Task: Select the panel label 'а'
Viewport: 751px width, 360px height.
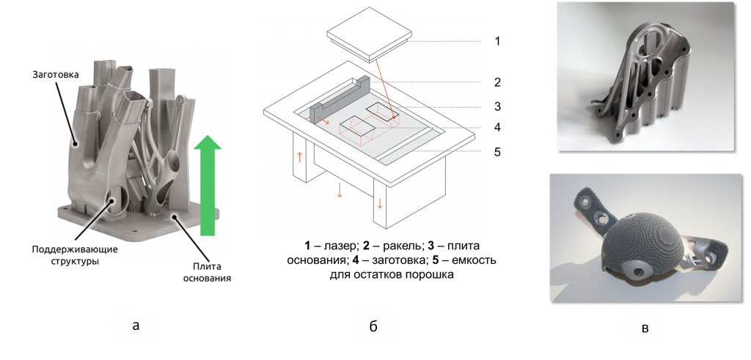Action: point(136,324)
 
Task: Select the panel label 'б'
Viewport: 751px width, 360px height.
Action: point(373,326)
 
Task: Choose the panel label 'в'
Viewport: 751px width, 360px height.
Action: point(645,326)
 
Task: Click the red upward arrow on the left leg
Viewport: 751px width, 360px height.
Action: point(298,156)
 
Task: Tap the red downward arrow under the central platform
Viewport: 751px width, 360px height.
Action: point(340,191)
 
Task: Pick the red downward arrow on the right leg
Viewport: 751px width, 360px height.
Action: point(379,202)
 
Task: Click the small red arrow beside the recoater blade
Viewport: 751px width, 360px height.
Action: point(323,122)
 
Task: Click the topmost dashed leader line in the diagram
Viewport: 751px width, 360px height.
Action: point(447,41)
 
